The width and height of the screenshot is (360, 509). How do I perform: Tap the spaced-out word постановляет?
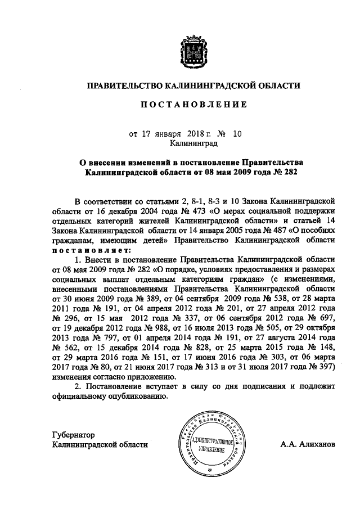click(91, 250)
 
